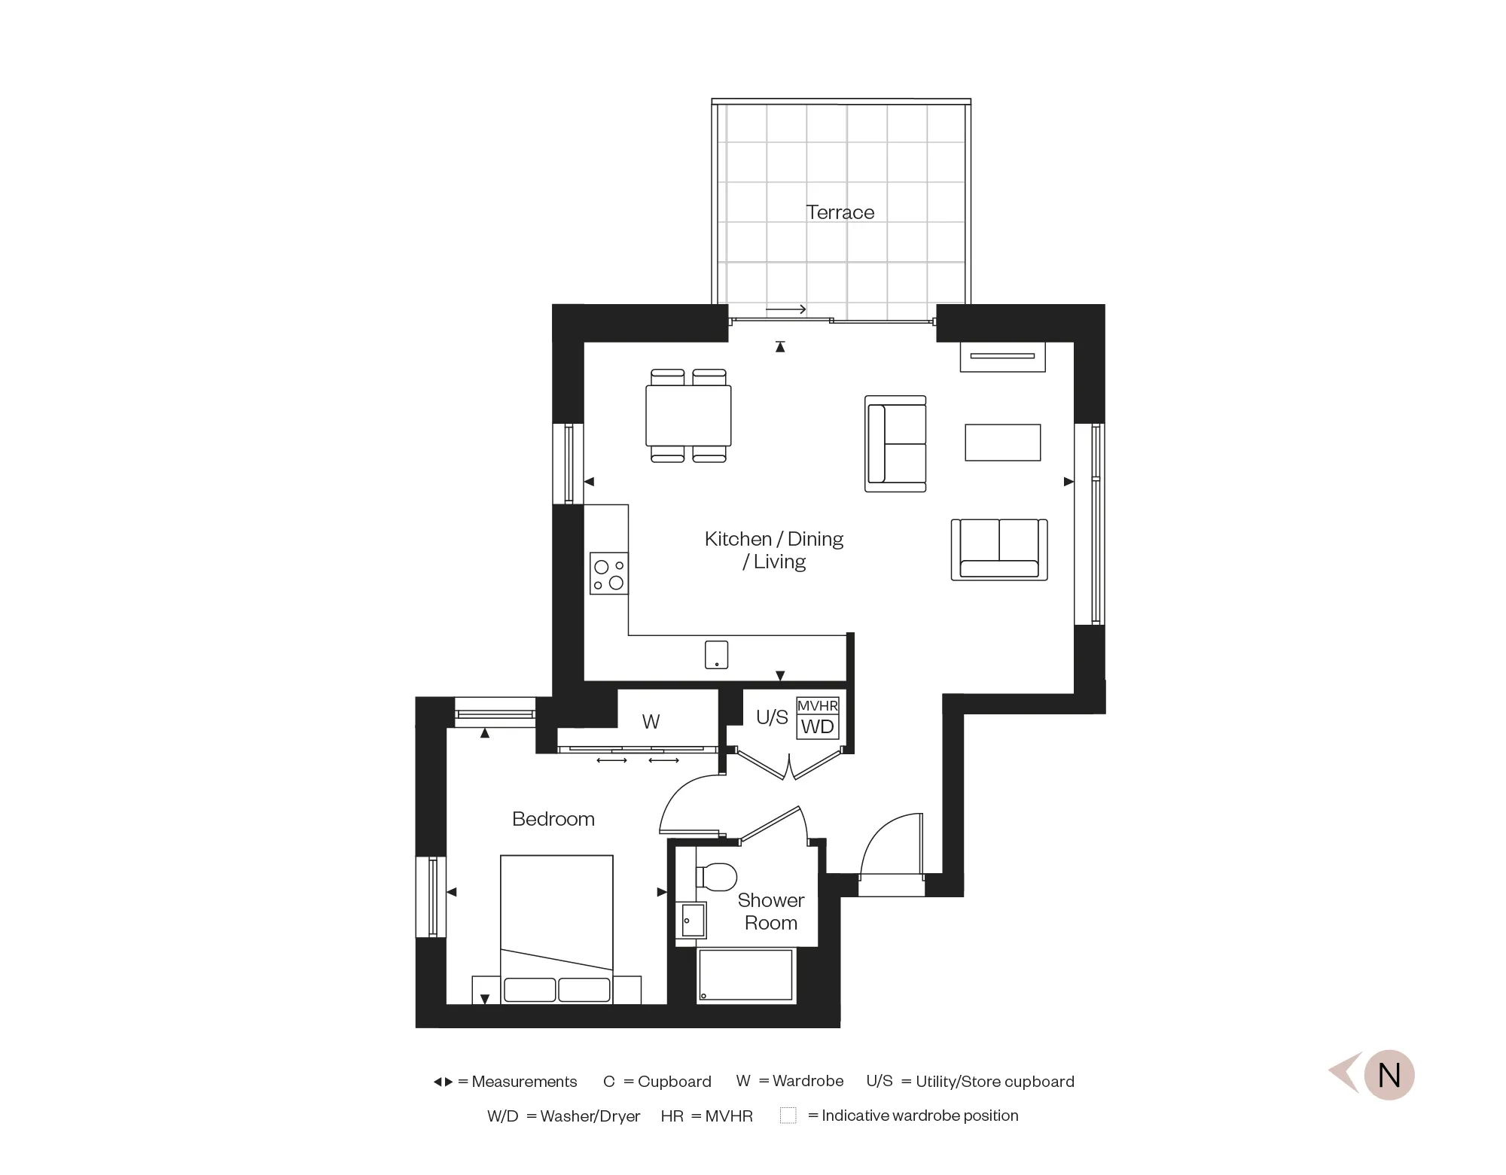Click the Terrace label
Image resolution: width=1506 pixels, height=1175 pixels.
[x=840, y=212]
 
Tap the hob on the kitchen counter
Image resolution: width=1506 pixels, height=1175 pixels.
[x=608, y=574]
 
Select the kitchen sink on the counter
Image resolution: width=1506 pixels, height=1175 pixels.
[x=716, y=654]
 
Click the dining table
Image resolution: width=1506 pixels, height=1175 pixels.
[x=688, y=416]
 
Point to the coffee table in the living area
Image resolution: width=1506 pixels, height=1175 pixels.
[x=1002, y=443]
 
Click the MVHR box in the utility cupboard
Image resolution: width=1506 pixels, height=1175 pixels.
[x=817, y=705]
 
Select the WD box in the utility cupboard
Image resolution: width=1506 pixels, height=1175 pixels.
[x=817, y=727]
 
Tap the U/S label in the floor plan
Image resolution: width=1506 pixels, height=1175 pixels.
[x=772, y=717]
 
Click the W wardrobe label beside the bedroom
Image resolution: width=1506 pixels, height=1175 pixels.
[x=651, y=722]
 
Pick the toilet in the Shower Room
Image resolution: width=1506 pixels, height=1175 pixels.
[x=718, y=876]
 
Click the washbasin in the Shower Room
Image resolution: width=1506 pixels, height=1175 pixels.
[x=691, y=921]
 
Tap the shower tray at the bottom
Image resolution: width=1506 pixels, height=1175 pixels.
[x=745, y=975]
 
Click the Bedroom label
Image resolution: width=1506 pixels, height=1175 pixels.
[x=553, y=819]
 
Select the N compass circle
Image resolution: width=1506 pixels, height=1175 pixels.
[x=1389, y=1075]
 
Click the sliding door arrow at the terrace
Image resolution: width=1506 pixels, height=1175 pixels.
[x=786, y=309]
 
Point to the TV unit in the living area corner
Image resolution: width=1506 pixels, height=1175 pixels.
[x=1002, y=357]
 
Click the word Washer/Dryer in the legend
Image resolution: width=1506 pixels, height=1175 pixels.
[x=590, y=1116]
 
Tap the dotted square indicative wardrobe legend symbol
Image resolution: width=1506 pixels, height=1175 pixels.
[x=788, y=1116]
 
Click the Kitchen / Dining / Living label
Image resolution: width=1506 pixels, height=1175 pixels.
[x=773, y=550]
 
